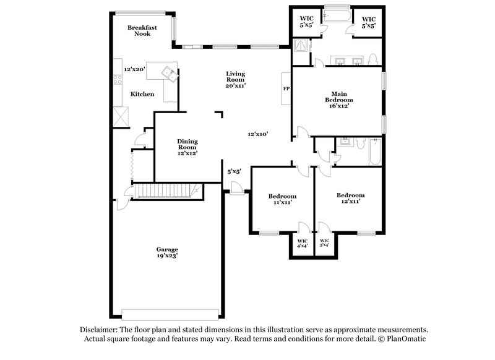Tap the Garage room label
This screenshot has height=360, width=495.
coord(167,249)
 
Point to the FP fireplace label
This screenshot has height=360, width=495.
coord(286,89)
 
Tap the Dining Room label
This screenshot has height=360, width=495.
coord(187,144)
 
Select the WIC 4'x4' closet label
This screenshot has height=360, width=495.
coord(303,243)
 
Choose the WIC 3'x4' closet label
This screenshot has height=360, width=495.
coord(324,243)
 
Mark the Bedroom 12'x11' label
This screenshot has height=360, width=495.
coord(350,198)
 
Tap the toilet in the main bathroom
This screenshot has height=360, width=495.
coord(373,59)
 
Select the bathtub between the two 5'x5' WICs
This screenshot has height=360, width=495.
coord(337,15)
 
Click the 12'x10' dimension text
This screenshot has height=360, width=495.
coord(257,134)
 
